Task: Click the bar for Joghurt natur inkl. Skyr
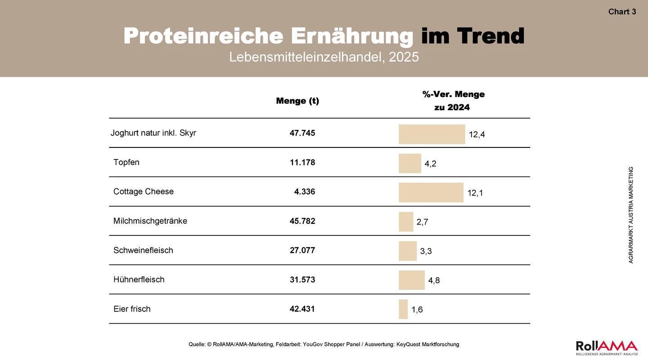pyautogui.click(x=432, y=134)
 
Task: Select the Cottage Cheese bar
pyautogui.click(x=431, y=192)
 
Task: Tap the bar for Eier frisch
pyautogui.click(x=403, y=309)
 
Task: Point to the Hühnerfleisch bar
pyautogui.click(x=412, y=280)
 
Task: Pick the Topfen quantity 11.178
pyautogui.click(x=302, y=162)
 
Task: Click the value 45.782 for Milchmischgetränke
pyautogui.click(x=302, y=221)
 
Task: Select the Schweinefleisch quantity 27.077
pyautogui.click(x=302, y=250)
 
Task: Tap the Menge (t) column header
pyautogui.click(x=297, y=101)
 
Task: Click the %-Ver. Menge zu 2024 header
pyautogui.click(x=453, y=101)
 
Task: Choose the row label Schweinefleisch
pyautogui.click(x=143, y=250)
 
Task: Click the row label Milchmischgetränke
pyautogui.click(x=150, y=221)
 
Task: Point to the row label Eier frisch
pyautogui.click(x=132, y=309)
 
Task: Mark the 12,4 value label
pyautogui.click(x=477, y=135)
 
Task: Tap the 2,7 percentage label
pyautogui.click(x=423, y=222)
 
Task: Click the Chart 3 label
pyautogui.click(x=622, y=12)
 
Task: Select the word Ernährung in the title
pyautogui.click(x=352, y=36)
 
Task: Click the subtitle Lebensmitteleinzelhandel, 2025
pyautogui.click(x=324, y=57)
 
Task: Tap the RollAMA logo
pyautogui.click(x=607, y=348)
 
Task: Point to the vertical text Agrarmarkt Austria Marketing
pyautogui.click(x=631, y=215)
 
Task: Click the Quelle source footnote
pyautogui.click(x=324, y=344)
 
